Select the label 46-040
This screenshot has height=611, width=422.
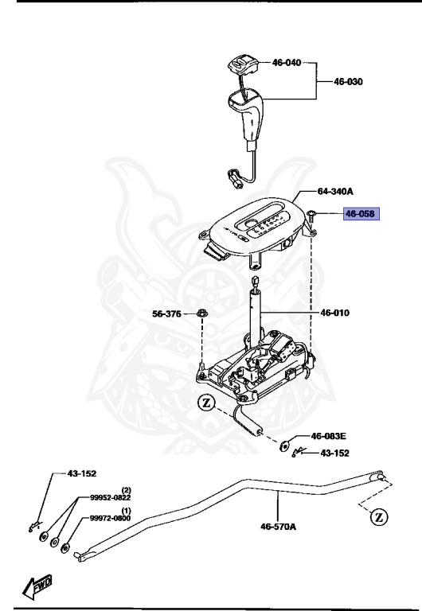(287, 61)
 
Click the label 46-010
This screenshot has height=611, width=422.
(336, 313)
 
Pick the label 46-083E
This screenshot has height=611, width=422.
(328, 436)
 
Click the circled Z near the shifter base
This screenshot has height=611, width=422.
(206, 403)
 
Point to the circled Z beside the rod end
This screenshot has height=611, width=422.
(380, 517)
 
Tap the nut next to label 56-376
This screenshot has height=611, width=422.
(201, 313)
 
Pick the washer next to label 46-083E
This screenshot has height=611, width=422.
(286, 443)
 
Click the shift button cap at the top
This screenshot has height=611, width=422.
(240, 64)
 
